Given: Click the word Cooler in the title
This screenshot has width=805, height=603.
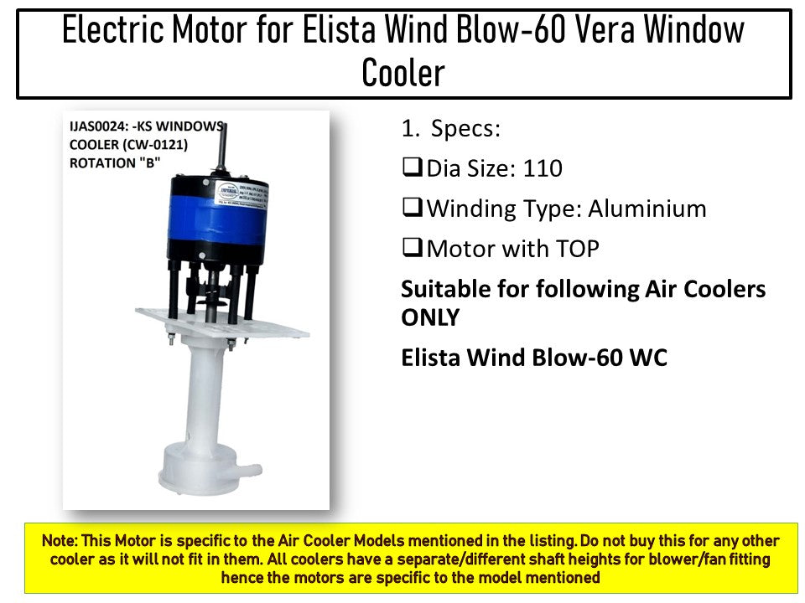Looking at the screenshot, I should [402, 74].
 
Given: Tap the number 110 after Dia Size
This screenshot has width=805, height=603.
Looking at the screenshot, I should [543, 168].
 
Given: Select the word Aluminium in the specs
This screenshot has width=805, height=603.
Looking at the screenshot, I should [647, 209].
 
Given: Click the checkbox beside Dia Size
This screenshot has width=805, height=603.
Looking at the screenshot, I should [412, 168].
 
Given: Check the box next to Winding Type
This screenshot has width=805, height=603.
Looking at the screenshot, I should [412, 209].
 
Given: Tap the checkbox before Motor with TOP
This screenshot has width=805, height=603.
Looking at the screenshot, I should [412, 249].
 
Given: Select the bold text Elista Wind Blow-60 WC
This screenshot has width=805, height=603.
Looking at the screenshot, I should [534, 358].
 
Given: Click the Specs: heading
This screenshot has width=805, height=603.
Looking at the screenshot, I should [465, 129].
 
